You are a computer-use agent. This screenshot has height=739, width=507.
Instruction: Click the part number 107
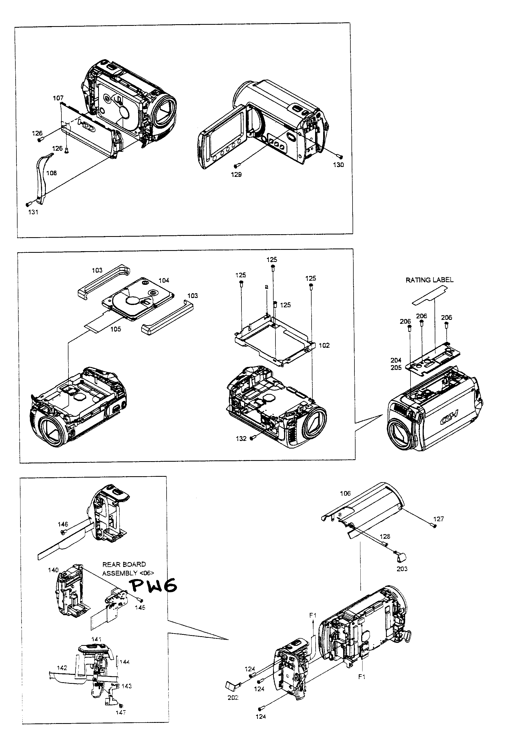[58, 98]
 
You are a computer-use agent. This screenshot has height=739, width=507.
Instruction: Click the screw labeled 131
[28, 204]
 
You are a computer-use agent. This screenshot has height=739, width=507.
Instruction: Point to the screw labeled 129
[236, 166]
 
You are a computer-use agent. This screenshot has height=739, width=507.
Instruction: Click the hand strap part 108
[43, 178]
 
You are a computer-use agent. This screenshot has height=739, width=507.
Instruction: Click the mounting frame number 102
[324, 345]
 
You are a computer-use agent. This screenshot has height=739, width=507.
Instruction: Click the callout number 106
[345, 493]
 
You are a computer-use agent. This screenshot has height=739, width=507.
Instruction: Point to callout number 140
[53, 570]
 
